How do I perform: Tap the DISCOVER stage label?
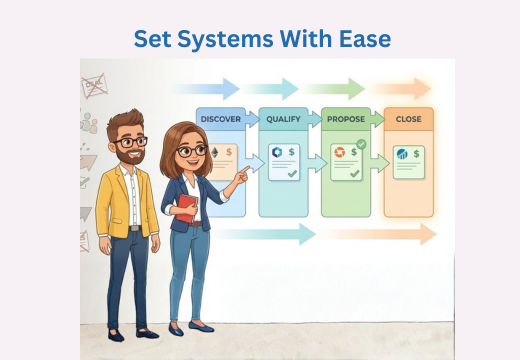tap(220, 119)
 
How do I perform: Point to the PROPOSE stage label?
tap(345, 119)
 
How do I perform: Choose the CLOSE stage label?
tap(408, 119)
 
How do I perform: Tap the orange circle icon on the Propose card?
tap(339, 153)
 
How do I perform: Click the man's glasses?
tap(131, 141)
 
